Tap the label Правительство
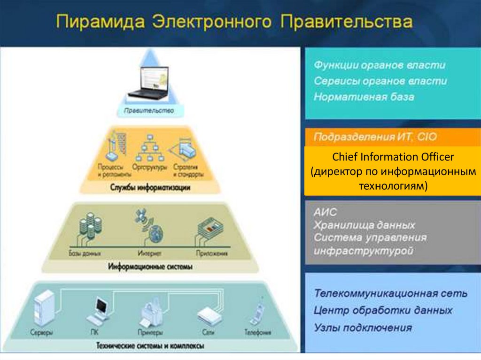(x=148, y=111)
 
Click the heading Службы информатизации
(x=150, y=187)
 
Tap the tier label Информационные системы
(x=150, y=267)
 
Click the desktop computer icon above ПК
(x=101, y=310)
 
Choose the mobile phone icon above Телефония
(x=256, y=312)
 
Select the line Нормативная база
(x=364, y=98)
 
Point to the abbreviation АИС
(x=326, y=213)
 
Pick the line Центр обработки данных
(x=383, y=311)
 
